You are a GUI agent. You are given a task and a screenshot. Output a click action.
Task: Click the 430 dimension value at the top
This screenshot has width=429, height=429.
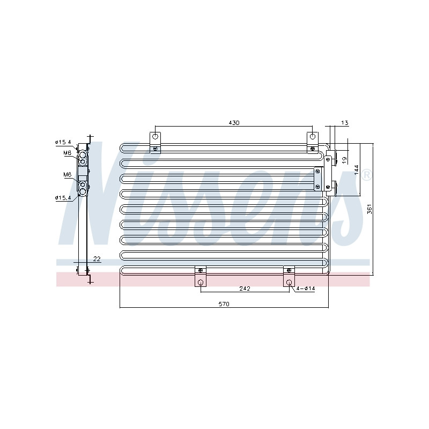pyautogui.click(x=234, y=123)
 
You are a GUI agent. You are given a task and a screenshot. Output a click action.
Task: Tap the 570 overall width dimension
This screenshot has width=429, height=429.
pyautogui.click(x=224, y=304)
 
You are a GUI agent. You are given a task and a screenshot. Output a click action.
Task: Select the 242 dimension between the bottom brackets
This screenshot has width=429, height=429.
pyautogui.click(x=245, y=289)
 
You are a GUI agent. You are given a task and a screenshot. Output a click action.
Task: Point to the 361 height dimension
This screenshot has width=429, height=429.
pyautogui.click(x=369, y=209)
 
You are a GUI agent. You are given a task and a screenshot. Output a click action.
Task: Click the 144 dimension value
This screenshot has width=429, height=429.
pyautogui.click(x=356, y=170)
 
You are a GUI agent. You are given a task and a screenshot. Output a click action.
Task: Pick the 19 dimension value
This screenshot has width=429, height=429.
pyautogui.click(x=344, y=160)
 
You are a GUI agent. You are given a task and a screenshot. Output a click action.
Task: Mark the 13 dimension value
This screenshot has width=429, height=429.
pyautogui.click(x=345, y=123)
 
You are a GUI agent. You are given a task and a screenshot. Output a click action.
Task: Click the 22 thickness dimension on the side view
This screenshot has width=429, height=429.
pyautogui.click(x=97, y=258)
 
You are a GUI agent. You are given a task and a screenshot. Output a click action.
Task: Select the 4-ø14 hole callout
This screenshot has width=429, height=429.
pyautogui.click(x=306, y=289)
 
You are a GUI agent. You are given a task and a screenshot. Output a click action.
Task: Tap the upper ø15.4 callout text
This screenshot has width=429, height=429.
pyautogui.click(x=63, y=142)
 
